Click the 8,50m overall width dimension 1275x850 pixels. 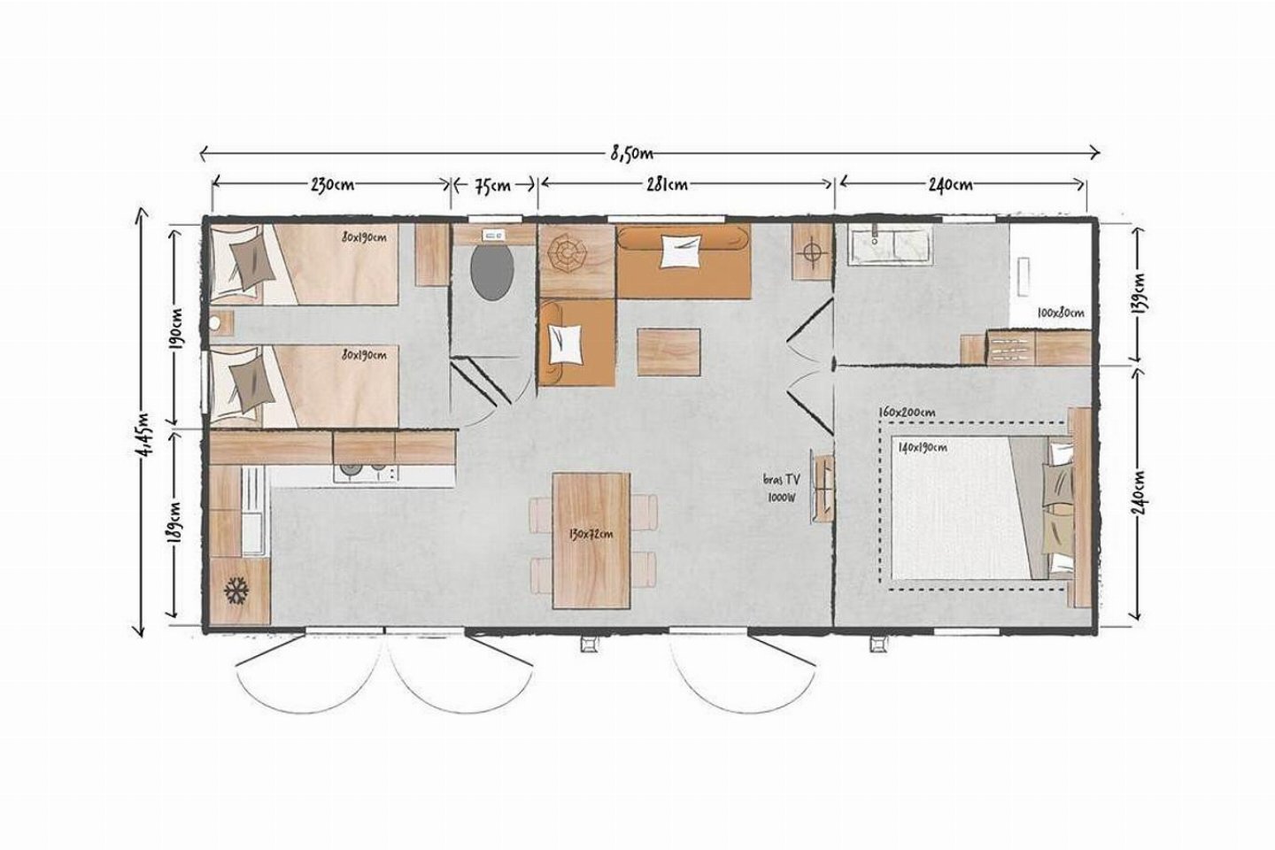(x=632, y=154)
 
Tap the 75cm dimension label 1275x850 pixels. (x=493, y=186)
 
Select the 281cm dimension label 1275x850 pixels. (x=667, y=185)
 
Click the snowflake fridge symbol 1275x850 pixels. (x=236, y=591)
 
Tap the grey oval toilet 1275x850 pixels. (x=492, y=274)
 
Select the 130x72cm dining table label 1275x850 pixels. (x=591, y=535)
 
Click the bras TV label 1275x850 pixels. (x=782, y=480)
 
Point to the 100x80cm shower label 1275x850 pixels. (x=1061, y=313)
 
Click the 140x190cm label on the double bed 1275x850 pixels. (x=923, y=447)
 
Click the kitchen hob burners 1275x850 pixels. (x=366, y=473)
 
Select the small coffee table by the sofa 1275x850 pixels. (x=668, y=352)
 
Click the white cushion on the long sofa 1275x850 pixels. (x=681, y=251)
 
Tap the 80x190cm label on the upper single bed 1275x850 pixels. (x=364, y=237)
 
